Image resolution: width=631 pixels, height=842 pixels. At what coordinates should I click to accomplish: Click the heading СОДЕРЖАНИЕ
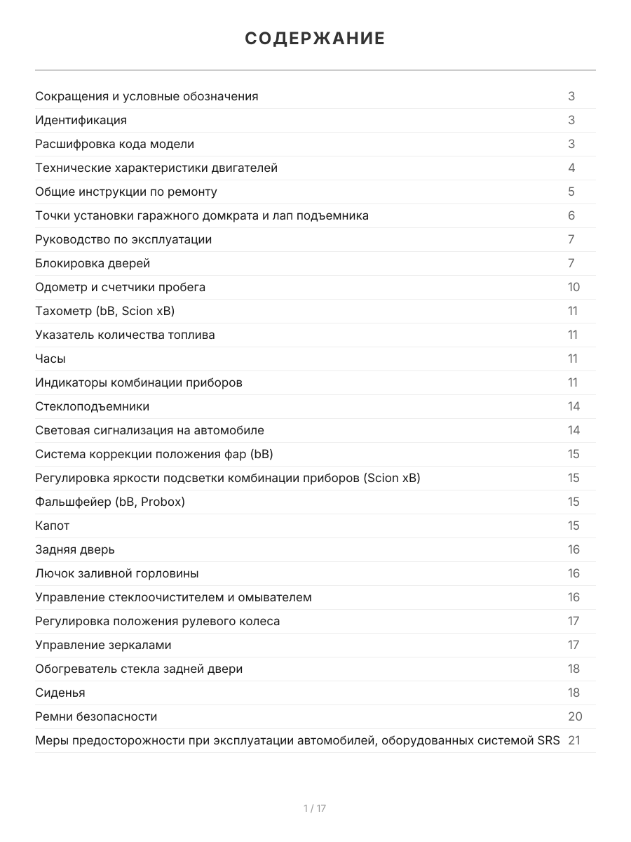pos(315,39)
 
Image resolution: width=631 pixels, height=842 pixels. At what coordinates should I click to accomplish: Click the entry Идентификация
pos(81,120)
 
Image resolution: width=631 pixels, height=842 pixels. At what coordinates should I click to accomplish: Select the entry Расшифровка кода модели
pos(115,144)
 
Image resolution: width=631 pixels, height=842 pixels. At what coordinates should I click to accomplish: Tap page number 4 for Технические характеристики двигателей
pos(571,168)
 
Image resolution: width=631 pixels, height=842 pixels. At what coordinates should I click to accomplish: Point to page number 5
pos(571,192)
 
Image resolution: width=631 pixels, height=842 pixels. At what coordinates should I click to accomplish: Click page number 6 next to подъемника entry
pos(571,215)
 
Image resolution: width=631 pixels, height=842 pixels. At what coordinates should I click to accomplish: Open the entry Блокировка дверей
pos(93,263)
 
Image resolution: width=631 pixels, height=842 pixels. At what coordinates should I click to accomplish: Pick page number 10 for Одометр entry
pos(574,287)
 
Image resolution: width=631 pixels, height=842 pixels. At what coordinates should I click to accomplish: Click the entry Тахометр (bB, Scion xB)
pos(105,311)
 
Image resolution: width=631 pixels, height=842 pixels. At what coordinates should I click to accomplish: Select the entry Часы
pos(50,359)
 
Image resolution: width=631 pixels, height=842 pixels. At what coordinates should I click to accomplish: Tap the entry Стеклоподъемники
pos(93,406)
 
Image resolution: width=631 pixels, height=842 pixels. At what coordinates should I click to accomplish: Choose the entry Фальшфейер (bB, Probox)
pos(110,502)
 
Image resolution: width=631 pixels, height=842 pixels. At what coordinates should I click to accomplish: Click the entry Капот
pos(53,526)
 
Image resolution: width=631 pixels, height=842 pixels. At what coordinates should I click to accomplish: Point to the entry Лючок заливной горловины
pos(117,573)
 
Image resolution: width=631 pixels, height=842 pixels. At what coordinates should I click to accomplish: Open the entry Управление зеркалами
pos(103,645)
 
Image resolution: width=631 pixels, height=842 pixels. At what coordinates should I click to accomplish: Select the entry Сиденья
pos(60,693)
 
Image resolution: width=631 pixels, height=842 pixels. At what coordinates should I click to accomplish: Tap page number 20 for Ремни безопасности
pos(575,716)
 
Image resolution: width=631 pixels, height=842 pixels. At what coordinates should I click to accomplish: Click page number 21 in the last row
pos(574,740)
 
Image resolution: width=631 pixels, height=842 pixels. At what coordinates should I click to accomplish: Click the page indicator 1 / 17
pos(315,808)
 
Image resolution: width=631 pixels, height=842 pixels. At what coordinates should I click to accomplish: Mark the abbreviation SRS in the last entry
pos(548,740)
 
